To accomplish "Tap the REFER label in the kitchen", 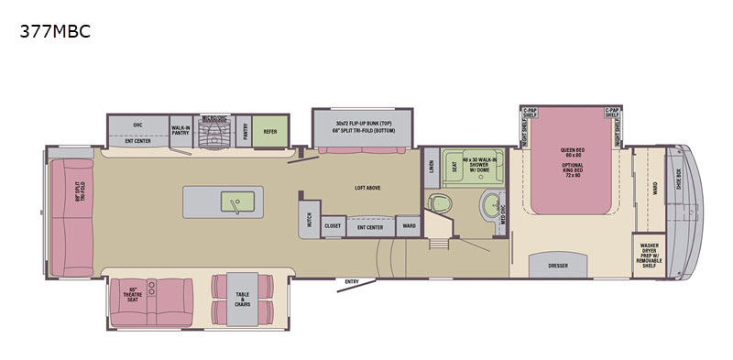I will [270, 131].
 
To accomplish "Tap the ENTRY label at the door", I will [352, 280].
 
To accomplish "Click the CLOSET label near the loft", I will [333, 225].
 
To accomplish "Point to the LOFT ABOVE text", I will [367, 188].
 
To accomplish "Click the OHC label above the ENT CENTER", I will [137, 125].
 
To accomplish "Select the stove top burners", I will [213, 135].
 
